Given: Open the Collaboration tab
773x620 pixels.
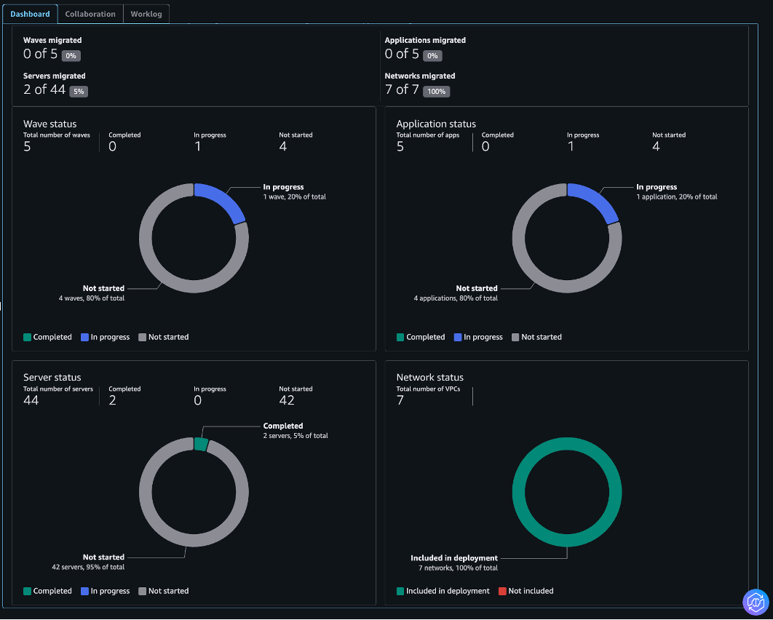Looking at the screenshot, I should [x=90, y=14].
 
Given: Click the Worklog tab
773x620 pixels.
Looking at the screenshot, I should [x=146, y=14].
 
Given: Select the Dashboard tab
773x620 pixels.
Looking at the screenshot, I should [x=30, y=14].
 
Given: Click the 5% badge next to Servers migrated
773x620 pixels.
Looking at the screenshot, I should [x=79, y=92].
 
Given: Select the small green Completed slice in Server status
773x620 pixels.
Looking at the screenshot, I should [x=201, y=444].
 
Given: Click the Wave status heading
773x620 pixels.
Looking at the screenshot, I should [x=49, y=124].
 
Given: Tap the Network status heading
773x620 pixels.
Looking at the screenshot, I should [x=429, y=377].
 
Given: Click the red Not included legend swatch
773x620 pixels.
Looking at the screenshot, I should [x=502, y=591].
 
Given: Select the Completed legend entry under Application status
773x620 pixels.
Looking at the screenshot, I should [x=425, y=337].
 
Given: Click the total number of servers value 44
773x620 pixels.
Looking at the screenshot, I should [x=31, y=400].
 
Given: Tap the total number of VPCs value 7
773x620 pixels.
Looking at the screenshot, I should [x=400, y=400].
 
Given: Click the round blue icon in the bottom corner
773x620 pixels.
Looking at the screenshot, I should [x=756, y=602].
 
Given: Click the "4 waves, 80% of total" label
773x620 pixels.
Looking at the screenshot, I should [x=92, y=298].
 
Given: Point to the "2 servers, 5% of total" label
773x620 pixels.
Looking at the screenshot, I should [x=296, y=436].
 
